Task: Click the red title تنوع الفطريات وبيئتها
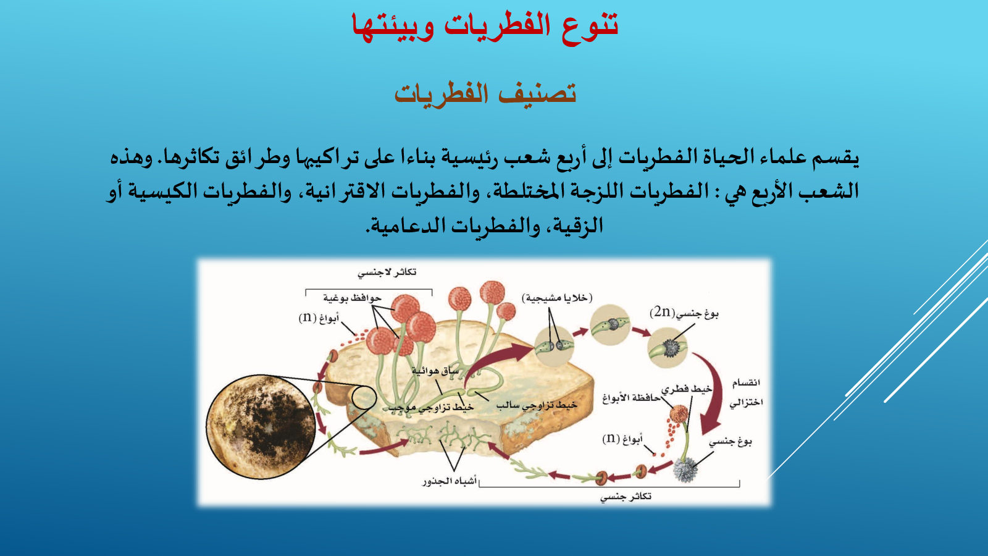click(x=485, y=27)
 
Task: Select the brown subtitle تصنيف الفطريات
click(x=485, y=93)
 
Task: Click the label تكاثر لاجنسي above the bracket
click(x=387, y=272)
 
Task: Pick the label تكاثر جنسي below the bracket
click(x=626, y=497)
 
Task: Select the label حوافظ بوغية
click(x=352, y=298)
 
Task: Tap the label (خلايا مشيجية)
click(x=557, y=298)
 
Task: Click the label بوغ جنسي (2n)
click(x=684, y=313)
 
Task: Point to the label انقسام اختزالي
click(x=745, y=392)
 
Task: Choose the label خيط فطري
click(x=686, y=389)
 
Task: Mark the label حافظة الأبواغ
click(x=632, y=398)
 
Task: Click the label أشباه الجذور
click(x=450, y=481)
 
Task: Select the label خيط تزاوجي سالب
click(x=537, y=405)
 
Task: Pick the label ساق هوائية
click(x=435, y=371)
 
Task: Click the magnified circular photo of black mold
click(x=261, y=427)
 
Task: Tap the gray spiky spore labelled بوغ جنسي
click(x=685, y=470)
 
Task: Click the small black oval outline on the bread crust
click(x=364, y=398)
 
